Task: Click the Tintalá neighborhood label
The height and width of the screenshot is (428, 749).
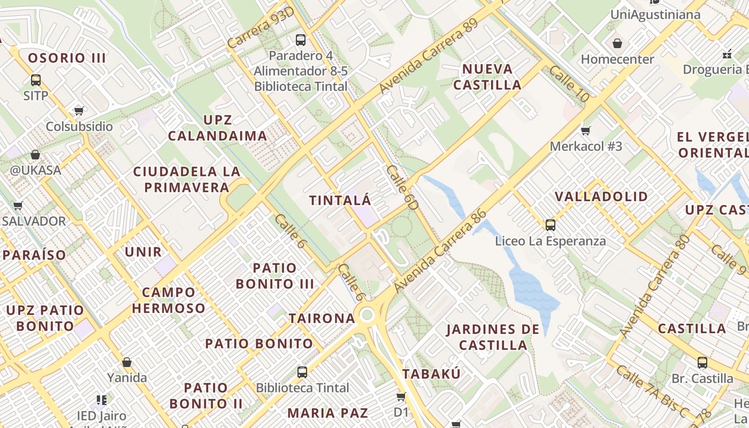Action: point(340,201)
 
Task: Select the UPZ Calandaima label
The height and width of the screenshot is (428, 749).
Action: point(218,128)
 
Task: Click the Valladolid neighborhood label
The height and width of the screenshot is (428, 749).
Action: point(601,196)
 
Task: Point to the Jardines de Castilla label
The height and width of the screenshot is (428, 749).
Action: point(493,337)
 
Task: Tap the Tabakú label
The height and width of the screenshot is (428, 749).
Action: point(431,374)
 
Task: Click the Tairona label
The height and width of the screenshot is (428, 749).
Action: point(322,318)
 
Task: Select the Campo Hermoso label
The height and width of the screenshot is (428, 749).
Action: point(169,300)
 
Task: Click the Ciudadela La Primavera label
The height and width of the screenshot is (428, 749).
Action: point(186,179)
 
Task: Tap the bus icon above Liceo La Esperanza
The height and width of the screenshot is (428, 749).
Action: point(550,225)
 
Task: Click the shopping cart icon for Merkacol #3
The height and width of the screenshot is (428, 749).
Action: point(586,130)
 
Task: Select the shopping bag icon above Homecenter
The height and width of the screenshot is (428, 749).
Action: point(617,43)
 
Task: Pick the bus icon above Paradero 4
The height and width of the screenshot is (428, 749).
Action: point(301,40)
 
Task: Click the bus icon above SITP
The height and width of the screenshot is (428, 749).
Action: point(36,80)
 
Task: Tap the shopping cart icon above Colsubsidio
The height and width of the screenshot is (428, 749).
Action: point(79,111)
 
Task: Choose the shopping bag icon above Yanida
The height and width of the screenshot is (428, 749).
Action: point(127,362)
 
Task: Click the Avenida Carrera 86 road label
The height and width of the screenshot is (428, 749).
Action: point(440,251)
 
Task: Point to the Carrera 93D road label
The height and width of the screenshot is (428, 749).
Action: point(261,28)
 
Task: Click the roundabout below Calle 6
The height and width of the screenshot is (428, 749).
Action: point(366,315)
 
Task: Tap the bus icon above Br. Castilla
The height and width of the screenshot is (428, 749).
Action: point(702,363)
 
